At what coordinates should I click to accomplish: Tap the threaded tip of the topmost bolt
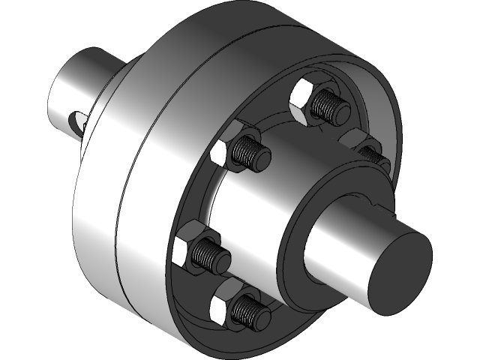click(x=332, y=106)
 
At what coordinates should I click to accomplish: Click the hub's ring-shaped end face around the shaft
click(x=296, y=247)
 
